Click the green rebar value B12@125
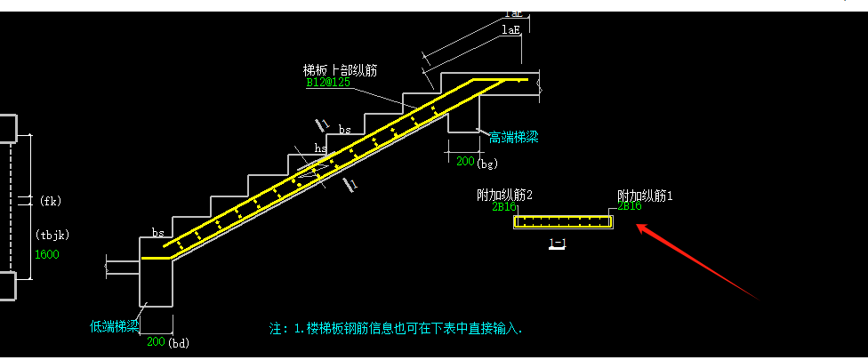coord(328,82)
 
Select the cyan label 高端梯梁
coord(513,137)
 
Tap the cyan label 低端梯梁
coord(115,325)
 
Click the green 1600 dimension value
coord(46,255)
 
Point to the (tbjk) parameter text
coord(52,236)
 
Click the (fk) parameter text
coord(51,201)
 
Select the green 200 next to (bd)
coord(157,342)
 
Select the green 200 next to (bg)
coord(465,162)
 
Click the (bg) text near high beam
coord(487,163)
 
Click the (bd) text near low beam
coord(180,342)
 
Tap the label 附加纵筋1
coord(645,195)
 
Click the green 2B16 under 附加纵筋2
coord(504,207)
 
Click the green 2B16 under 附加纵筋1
coord(630,206)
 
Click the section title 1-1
coord(558,244)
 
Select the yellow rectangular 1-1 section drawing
coord(564,222)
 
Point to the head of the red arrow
coord(638,226)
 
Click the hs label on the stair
coord(320,148)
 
